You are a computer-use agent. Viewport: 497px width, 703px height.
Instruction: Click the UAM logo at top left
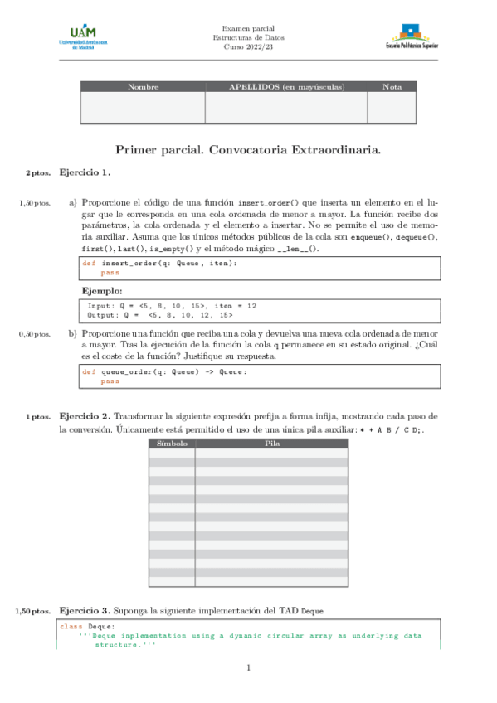pyautogui.click(x=83, y=37)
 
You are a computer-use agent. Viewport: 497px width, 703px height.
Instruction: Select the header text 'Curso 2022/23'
pyautogui.click(x=249, y=48)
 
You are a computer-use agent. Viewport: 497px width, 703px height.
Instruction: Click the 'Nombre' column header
pyautogui.click(x=143, y=87)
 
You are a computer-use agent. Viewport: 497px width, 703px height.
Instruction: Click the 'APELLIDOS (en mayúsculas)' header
pyautogui.click(x=286, y=87)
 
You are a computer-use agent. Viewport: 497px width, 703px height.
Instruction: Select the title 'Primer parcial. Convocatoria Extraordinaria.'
pyautogui.click(x=248, y=150)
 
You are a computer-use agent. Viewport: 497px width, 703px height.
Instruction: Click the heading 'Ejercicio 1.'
pyautogui.click(x=85, y=172)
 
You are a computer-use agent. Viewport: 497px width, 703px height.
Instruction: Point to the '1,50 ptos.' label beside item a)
pyautogui.click(x=35, y=202)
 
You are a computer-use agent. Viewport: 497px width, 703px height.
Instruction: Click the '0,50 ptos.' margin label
pyautogui.click(x=35, y=334)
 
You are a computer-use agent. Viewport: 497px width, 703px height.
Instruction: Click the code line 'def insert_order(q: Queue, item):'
pyautogui.click(x=158, y=263)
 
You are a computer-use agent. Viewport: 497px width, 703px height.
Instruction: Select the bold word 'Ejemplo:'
pyautogui.click(x=102, y=292)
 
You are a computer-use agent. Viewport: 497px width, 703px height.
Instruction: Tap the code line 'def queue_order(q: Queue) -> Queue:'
pyautogui.click(x=164, y=372)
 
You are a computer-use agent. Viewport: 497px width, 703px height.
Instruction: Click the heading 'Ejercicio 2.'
pyautogui.click(x=85, y=415)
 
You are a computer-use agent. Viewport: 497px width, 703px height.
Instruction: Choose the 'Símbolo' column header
pyautogui.click(x=172, y=444)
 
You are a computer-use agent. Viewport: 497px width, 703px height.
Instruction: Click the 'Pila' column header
pyautogui.click(x=271, y=444)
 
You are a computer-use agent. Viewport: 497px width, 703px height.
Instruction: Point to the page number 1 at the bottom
pyautogui.click(x=248, y=668)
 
